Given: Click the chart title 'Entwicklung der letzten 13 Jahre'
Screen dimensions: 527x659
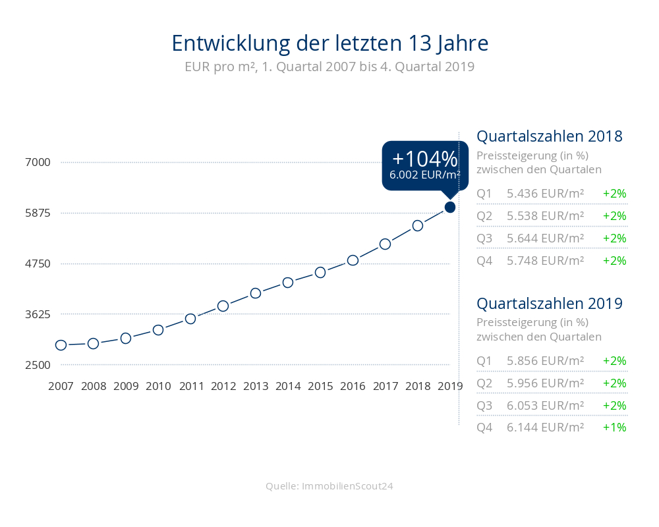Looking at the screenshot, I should coord(329,43).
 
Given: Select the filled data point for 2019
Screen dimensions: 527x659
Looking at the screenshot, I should coord(450,208).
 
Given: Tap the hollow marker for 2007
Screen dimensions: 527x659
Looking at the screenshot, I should coord(61,345).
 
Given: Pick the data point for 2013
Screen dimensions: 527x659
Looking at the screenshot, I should coord(256,293).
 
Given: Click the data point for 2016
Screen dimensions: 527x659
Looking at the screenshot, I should coord(353,260).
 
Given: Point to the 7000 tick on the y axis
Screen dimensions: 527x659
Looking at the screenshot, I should coord(35,163).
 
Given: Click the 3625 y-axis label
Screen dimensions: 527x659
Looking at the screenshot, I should coord(35,314).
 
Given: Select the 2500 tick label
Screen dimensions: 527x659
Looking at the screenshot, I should coord(35,365).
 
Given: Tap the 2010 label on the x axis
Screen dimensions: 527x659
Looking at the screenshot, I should coord(158,387).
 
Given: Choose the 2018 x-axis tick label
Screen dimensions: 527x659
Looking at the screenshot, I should coord(418,387).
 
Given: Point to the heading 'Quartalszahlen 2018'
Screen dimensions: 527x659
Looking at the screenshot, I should coord(550,137).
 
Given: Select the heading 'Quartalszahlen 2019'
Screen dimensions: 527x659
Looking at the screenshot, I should coord(550,304).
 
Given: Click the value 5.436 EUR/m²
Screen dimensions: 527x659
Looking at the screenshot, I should coord(546,194).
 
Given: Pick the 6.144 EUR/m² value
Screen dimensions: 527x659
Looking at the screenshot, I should coord(546,428).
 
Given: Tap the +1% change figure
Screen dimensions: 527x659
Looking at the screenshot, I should coord(614,428).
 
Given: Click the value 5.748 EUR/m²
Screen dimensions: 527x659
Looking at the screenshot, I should coord(546,261).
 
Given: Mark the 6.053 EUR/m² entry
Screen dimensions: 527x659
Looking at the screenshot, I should coord(546,406).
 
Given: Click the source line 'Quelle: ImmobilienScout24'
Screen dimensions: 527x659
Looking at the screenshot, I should coord(329,486).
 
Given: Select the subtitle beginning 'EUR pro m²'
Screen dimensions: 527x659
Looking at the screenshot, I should coord(329,67).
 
